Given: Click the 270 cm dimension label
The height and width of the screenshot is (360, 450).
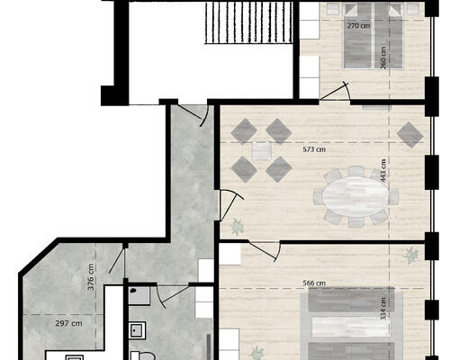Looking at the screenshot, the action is [x=358, y=26].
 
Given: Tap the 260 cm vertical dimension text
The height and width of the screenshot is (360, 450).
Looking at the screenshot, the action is [x=383, y=58].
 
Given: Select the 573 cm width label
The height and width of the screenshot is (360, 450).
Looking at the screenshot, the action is [x=314, y=149].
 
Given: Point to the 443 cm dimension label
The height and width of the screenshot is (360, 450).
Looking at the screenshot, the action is [x=383, y=170].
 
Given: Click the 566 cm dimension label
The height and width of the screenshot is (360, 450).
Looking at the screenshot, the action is [x=314, y=283].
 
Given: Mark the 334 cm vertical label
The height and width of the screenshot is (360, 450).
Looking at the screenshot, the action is [x=383, y=309].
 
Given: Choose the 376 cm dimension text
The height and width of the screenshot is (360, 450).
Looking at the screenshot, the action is [x=91, y=277].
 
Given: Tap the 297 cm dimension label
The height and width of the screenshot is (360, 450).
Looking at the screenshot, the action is [x=68, y=323].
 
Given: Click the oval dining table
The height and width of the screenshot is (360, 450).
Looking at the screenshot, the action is [x=355, y=196].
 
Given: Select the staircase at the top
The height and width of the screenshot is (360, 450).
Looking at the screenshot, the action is [x=248, y=22].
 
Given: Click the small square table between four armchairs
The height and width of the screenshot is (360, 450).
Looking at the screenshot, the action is [x=262, y=150].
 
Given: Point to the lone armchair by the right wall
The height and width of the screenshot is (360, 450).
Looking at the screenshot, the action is [x=410, y=135].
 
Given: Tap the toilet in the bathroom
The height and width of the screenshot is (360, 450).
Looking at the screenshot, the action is [x=143, y=355].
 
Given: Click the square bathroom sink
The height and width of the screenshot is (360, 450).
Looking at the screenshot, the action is [x=138, y=330].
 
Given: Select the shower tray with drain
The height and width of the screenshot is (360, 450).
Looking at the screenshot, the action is [x=139, y=296].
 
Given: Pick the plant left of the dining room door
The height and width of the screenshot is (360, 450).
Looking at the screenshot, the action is [x=238, y=227].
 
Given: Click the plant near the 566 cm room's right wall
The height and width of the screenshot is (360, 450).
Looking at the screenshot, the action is [x=411, y=256].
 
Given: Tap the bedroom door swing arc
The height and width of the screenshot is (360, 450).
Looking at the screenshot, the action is [x=346, y=90].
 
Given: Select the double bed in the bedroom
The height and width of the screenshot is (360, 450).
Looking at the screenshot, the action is [x=373, y=36].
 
